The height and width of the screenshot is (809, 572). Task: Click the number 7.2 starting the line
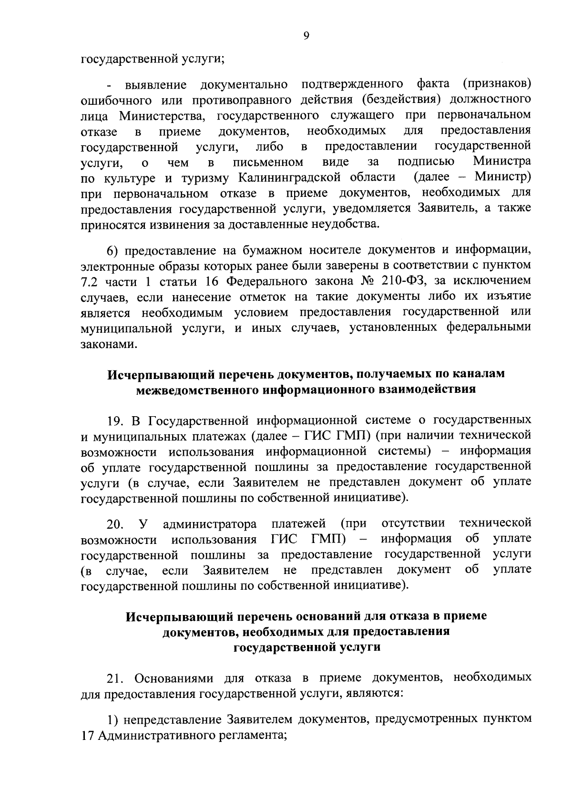click(90, 281)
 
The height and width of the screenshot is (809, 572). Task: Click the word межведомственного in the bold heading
click(198, 389)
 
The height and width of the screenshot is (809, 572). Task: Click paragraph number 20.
click(115, 524)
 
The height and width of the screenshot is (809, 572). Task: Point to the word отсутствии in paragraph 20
click(413, 523)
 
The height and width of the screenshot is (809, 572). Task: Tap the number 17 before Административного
click(87, 735)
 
